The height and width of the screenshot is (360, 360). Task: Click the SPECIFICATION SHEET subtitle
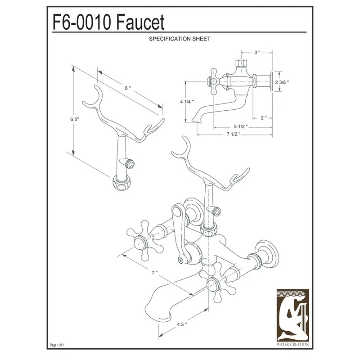180,39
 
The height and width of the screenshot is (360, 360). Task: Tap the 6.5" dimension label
75,119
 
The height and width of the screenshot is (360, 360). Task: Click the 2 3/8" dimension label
282,82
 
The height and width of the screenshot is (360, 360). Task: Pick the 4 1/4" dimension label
186,102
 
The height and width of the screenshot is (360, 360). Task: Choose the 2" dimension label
263,117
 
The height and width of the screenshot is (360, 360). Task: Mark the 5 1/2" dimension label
241,126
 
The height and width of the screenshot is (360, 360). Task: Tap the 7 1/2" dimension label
234,134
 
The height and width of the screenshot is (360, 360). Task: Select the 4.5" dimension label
182,323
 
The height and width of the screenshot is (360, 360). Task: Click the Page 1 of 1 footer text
56,345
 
